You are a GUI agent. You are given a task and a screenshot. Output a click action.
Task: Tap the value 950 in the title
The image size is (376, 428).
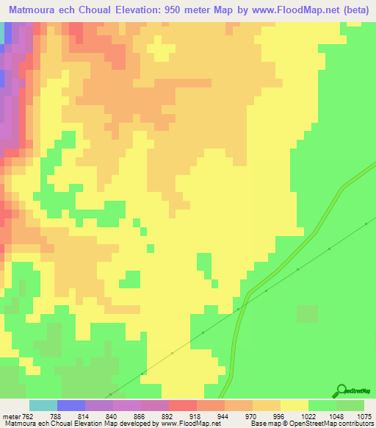[x=184, y=10]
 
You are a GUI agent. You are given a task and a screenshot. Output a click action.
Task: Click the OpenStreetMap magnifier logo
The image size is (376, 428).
[x=341, y=390]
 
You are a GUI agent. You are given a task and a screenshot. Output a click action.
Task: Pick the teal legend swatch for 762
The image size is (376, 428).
[x=43, y=406]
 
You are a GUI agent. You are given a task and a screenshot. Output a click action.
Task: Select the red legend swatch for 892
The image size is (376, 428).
[x=183, y=406]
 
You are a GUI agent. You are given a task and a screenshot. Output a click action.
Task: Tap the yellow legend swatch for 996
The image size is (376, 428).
[x=294, y=406]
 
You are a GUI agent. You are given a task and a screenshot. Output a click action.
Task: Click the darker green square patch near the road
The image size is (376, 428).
[x=308, y=314]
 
